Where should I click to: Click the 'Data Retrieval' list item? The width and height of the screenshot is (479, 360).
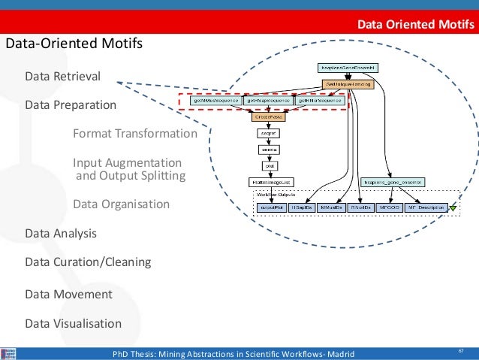pyautogui.click(x=62, y=77)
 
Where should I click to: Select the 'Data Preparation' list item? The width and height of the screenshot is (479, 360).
pyautogui.click(x=71, y=105)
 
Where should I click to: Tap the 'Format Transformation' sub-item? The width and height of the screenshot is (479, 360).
pyautogui.click(x=134, y=134)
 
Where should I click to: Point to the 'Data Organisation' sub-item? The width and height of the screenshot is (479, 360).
pyautogui.click(x=121, y=204)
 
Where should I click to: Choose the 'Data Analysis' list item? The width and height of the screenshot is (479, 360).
pyautogui.click(x=61, y=233)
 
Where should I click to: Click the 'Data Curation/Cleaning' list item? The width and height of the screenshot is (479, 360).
pyautogui.click(x=88, y=262)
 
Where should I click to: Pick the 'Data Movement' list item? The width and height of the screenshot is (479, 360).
pyautogui.click(x=68, y=294)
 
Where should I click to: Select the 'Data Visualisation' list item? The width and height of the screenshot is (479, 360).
pyautogui.click(x=73, y=323)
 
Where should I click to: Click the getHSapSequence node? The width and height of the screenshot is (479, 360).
pyautogui.click(x=267, y=100)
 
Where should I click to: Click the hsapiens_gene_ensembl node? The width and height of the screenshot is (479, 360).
pyautogui.click(x=393, y=181)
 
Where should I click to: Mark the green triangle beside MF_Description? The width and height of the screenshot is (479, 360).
pyautogui.click(x=453, y=207)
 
